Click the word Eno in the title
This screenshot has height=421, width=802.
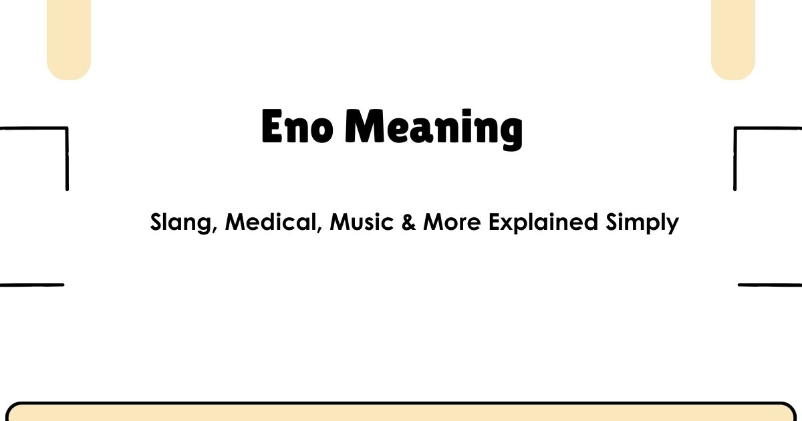coord(297,128)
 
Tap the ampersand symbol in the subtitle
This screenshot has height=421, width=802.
coord(410,222)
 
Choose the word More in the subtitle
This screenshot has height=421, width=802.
coord(452,222)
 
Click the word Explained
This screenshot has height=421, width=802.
coord(543,223)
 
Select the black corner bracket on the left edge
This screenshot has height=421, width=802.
coord(66,157)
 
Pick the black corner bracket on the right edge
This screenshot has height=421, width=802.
coord(736,157)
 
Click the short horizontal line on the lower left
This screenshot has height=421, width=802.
coord(31,285)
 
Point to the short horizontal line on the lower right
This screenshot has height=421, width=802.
coord(769,285)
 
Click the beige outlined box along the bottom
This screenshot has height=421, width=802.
coord(401,413)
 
